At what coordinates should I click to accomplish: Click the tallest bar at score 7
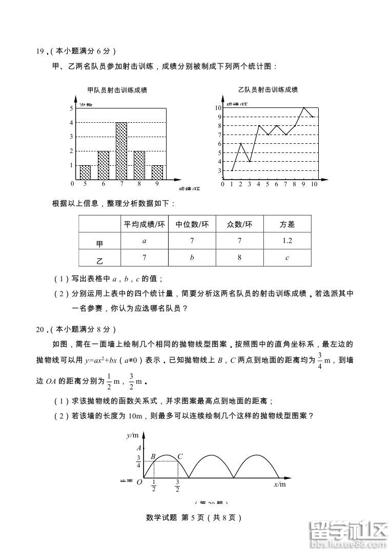click(x=121, y=150)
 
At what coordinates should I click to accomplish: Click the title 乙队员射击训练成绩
click(x=268, y=90)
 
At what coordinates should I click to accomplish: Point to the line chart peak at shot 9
click(x=304, y=107)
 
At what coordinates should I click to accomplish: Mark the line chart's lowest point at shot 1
click(x=232, y=170)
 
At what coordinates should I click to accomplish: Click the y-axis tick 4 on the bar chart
click(x=71, y=123)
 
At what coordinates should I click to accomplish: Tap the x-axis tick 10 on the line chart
click(x=314, y=184)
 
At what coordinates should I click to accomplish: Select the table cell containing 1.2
click(x=287, y=240)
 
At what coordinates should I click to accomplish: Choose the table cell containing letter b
click(x=192, y=257)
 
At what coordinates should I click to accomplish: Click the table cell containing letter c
click(x=287, y=257)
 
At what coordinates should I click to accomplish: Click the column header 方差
click(x=287, y=224)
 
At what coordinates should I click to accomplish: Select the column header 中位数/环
click(x=192, y=224)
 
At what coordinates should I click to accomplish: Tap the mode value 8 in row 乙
click(x=239, y=257)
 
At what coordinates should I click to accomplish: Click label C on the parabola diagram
click(x=180, y=456)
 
